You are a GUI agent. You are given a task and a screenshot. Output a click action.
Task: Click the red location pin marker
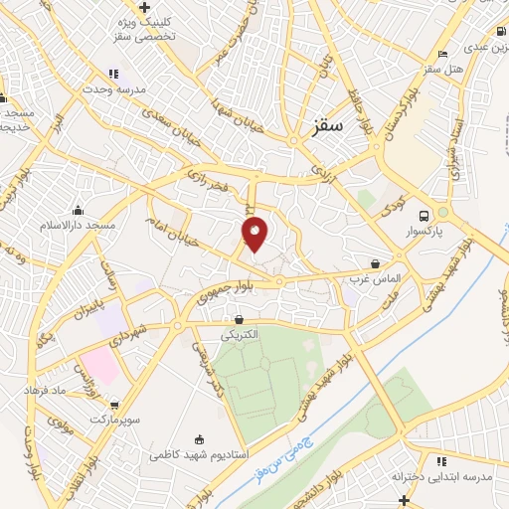click(255, 233)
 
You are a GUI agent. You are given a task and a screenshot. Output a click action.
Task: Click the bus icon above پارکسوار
click(424, 216)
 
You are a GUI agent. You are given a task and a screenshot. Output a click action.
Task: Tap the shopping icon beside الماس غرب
click(375, 264)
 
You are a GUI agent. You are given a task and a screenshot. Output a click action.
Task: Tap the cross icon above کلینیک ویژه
click(145, 7)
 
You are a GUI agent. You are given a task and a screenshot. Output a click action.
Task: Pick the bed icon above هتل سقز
click(442, 54)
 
